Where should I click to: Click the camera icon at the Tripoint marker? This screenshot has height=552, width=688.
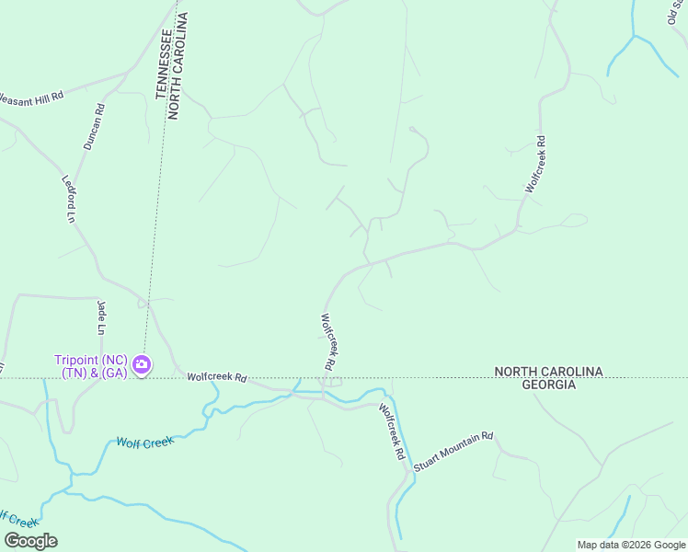142,365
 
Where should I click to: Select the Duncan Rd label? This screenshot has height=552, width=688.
94,127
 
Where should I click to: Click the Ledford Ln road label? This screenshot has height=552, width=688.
67,200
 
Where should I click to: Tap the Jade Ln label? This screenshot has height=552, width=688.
101,316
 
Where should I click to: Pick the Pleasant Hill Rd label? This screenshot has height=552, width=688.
30,97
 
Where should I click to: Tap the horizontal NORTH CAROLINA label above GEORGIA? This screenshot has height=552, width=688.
548,372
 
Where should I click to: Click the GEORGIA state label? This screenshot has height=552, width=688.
549,385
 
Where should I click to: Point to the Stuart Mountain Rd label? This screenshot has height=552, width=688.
453,453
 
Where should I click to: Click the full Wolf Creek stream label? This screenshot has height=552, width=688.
144,443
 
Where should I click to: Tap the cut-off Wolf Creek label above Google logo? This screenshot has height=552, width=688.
18,518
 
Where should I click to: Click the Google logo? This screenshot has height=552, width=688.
30,541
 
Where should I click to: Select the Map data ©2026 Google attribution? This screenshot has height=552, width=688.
631,545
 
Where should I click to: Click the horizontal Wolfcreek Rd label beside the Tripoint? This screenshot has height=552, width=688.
217,377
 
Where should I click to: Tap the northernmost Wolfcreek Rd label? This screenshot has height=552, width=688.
535,164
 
